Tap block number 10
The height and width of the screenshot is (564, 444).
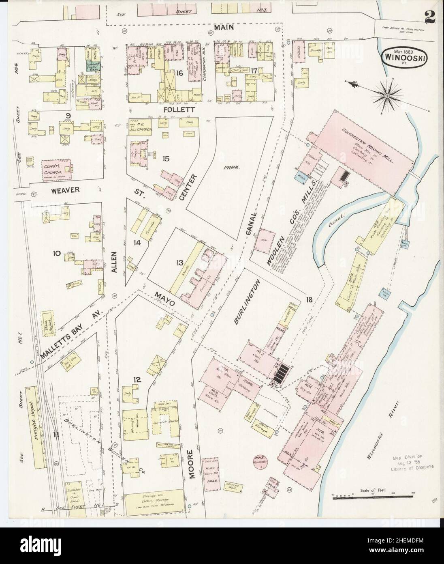click(x=57, y=254)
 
